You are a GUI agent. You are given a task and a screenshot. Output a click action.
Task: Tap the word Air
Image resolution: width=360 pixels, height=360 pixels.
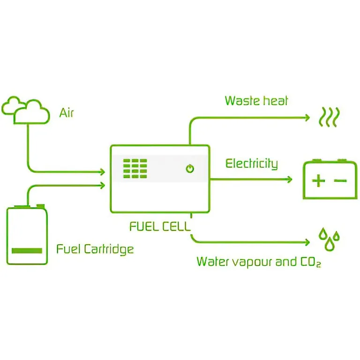(x=67, y=113)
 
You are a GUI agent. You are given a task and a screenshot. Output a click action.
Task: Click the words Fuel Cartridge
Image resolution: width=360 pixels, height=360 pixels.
(x=95, y=248)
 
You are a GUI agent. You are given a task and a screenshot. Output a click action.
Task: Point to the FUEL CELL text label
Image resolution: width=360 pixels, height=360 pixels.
(x=160, y=227)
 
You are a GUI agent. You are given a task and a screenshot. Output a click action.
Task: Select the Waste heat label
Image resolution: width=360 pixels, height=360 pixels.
(x=256, y=101)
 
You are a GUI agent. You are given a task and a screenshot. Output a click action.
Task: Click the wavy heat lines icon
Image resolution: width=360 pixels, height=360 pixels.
(x=329, y=117)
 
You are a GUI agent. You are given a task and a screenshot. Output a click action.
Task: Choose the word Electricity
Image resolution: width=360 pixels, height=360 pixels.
(x=251, y=164)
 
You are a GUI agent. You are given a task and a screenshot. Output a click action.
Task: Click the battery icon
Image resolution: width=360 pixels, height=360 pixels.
(x=330, y=180)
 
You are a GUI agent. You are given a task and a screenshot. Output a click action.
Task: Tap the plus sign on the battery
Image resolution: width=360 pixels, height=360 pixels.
(x=318, y=180)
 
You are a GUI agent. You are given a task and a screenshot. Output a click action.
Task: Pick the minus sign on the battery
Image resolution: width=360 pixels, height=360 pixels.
(x=341, y=180)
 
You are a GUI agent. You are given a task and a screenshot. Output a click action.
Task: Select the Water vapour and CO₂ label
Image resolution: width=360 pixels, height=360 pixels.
(x=258, y=262)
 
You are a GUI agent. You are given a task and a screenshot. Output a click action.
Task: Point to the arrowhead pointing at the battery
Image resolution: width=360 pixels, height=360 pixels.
(x=289, y=179)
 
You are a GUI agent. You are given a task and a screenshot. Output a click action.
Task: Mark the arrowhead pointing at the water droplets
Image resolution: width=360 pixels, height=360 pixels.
(x=307, y=242)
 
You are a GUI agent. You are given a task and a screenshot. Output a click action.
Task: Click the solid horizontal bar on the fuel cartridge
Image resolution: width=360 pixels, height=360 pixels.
(x=27, y=250)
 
